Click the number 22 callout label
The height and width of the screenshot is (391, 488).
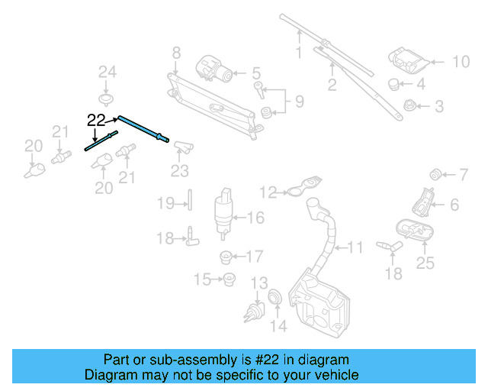coord(98,119)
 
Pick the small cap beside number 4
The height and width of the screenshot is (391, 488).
coord(393,83)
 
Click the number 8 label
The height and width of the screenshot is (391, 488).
coord(176,53)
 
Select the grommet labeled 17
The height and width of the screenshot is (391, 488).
coord(226,256)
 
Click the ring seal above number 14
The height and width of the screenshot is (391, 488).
coord(275,298)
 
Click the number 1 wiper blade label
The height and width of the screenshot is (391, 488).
coord(299,53)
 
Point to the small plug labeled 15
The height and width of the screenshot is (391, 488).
coord(228,280)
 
